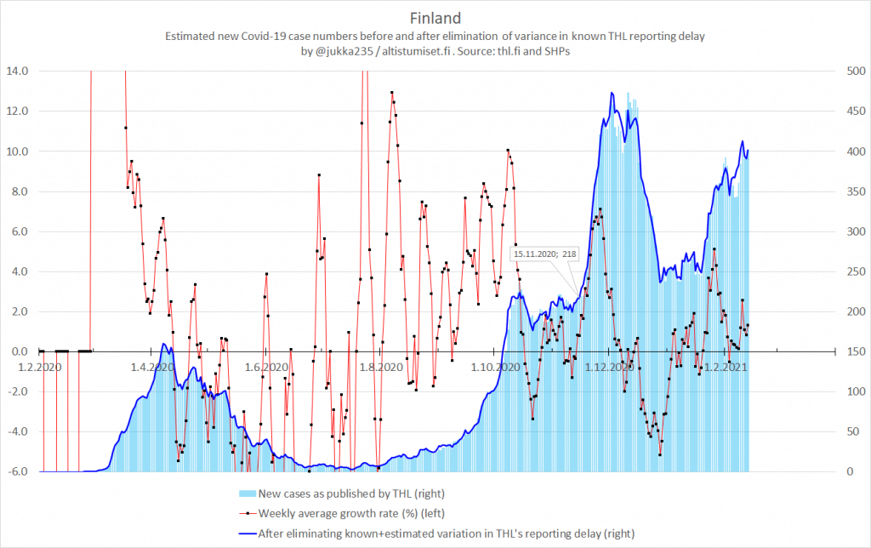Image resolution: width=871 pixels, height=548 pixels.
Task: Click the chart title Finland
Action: click(435, 18)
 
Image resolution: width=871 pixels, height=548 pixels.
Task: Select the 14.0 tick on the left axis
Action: click(19, 71)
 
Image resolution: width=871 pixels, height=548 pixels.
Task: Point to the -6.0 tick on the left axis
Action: click(19, 471)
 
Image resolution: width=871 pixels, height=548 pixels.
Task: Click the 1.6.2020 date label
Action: click(265, 367)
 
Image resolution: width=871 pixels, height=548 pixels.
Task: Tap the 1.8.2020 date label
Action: click(379, 367)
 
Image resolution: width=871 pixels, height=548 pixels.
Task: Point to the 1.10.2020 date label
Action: click(495, 367)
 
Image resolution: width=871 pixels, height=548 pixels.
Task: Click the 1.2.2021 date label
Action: click(725, 367)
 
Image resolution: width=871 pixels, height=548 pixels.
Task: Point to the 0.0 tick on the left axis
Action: click(19, 351)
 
